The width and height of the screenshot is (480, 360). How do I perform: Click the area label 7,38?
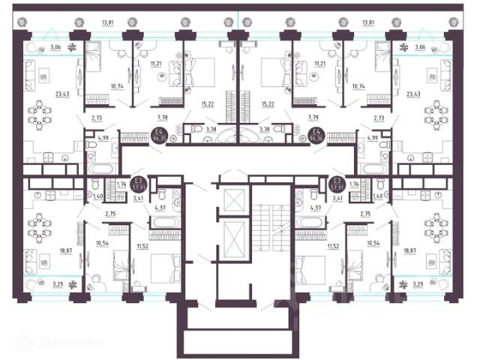(163, 117)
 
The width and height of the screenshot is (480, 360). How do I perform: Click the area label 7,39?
(314, 117)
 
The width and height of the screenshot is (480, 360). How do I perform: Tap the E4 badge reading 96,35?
(158, 136)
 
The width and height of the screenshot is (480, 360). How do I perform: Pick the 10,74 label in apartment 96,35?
(96, 88)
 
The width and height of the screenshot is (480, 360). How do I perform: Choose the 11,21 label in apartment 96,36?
(321, 65)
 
